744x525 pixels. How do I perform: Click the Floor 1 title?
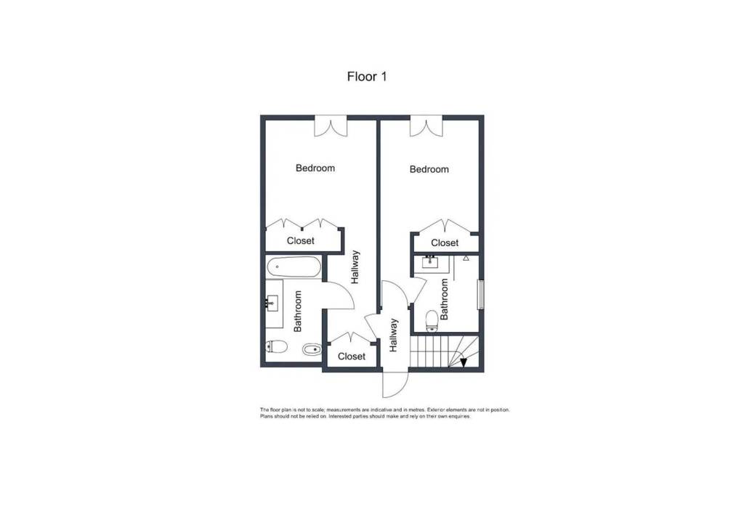[x=367, y=76]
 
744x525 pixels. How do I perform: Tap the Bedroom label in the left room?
[x=315, y=168]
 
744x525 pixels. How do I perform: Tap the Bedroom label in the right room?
[x=429, y=169]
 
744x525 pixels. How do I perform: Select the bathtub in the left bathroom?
[x=294, y=267]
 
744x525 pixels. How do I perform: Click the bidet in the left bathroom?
[x=312, y=350]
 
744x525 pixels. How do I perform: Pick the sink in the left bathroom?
[x=272, y=302]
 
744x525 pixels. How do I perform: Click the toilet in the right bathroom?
[x=432, y=321]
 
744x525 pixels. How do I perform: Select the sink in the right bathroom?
[x=430, y=262]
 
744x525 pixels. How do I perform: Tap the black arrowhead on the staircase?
[x=464, y=363]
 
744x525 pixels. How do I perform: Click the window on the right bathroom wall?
[x=481, y=295]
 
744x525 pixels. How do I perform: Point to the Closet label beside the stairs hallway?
[x=352, y=356]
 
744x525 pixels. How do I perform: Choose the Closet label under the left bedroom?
[x=300, y=240]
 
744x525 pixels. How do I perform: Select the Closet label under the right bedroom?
[x=445, y=243]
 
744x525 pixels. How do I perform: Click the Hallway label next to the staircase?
[x=393, y=335]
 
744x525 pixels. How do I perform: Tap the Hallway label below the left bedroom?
[x=355, y=267]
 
